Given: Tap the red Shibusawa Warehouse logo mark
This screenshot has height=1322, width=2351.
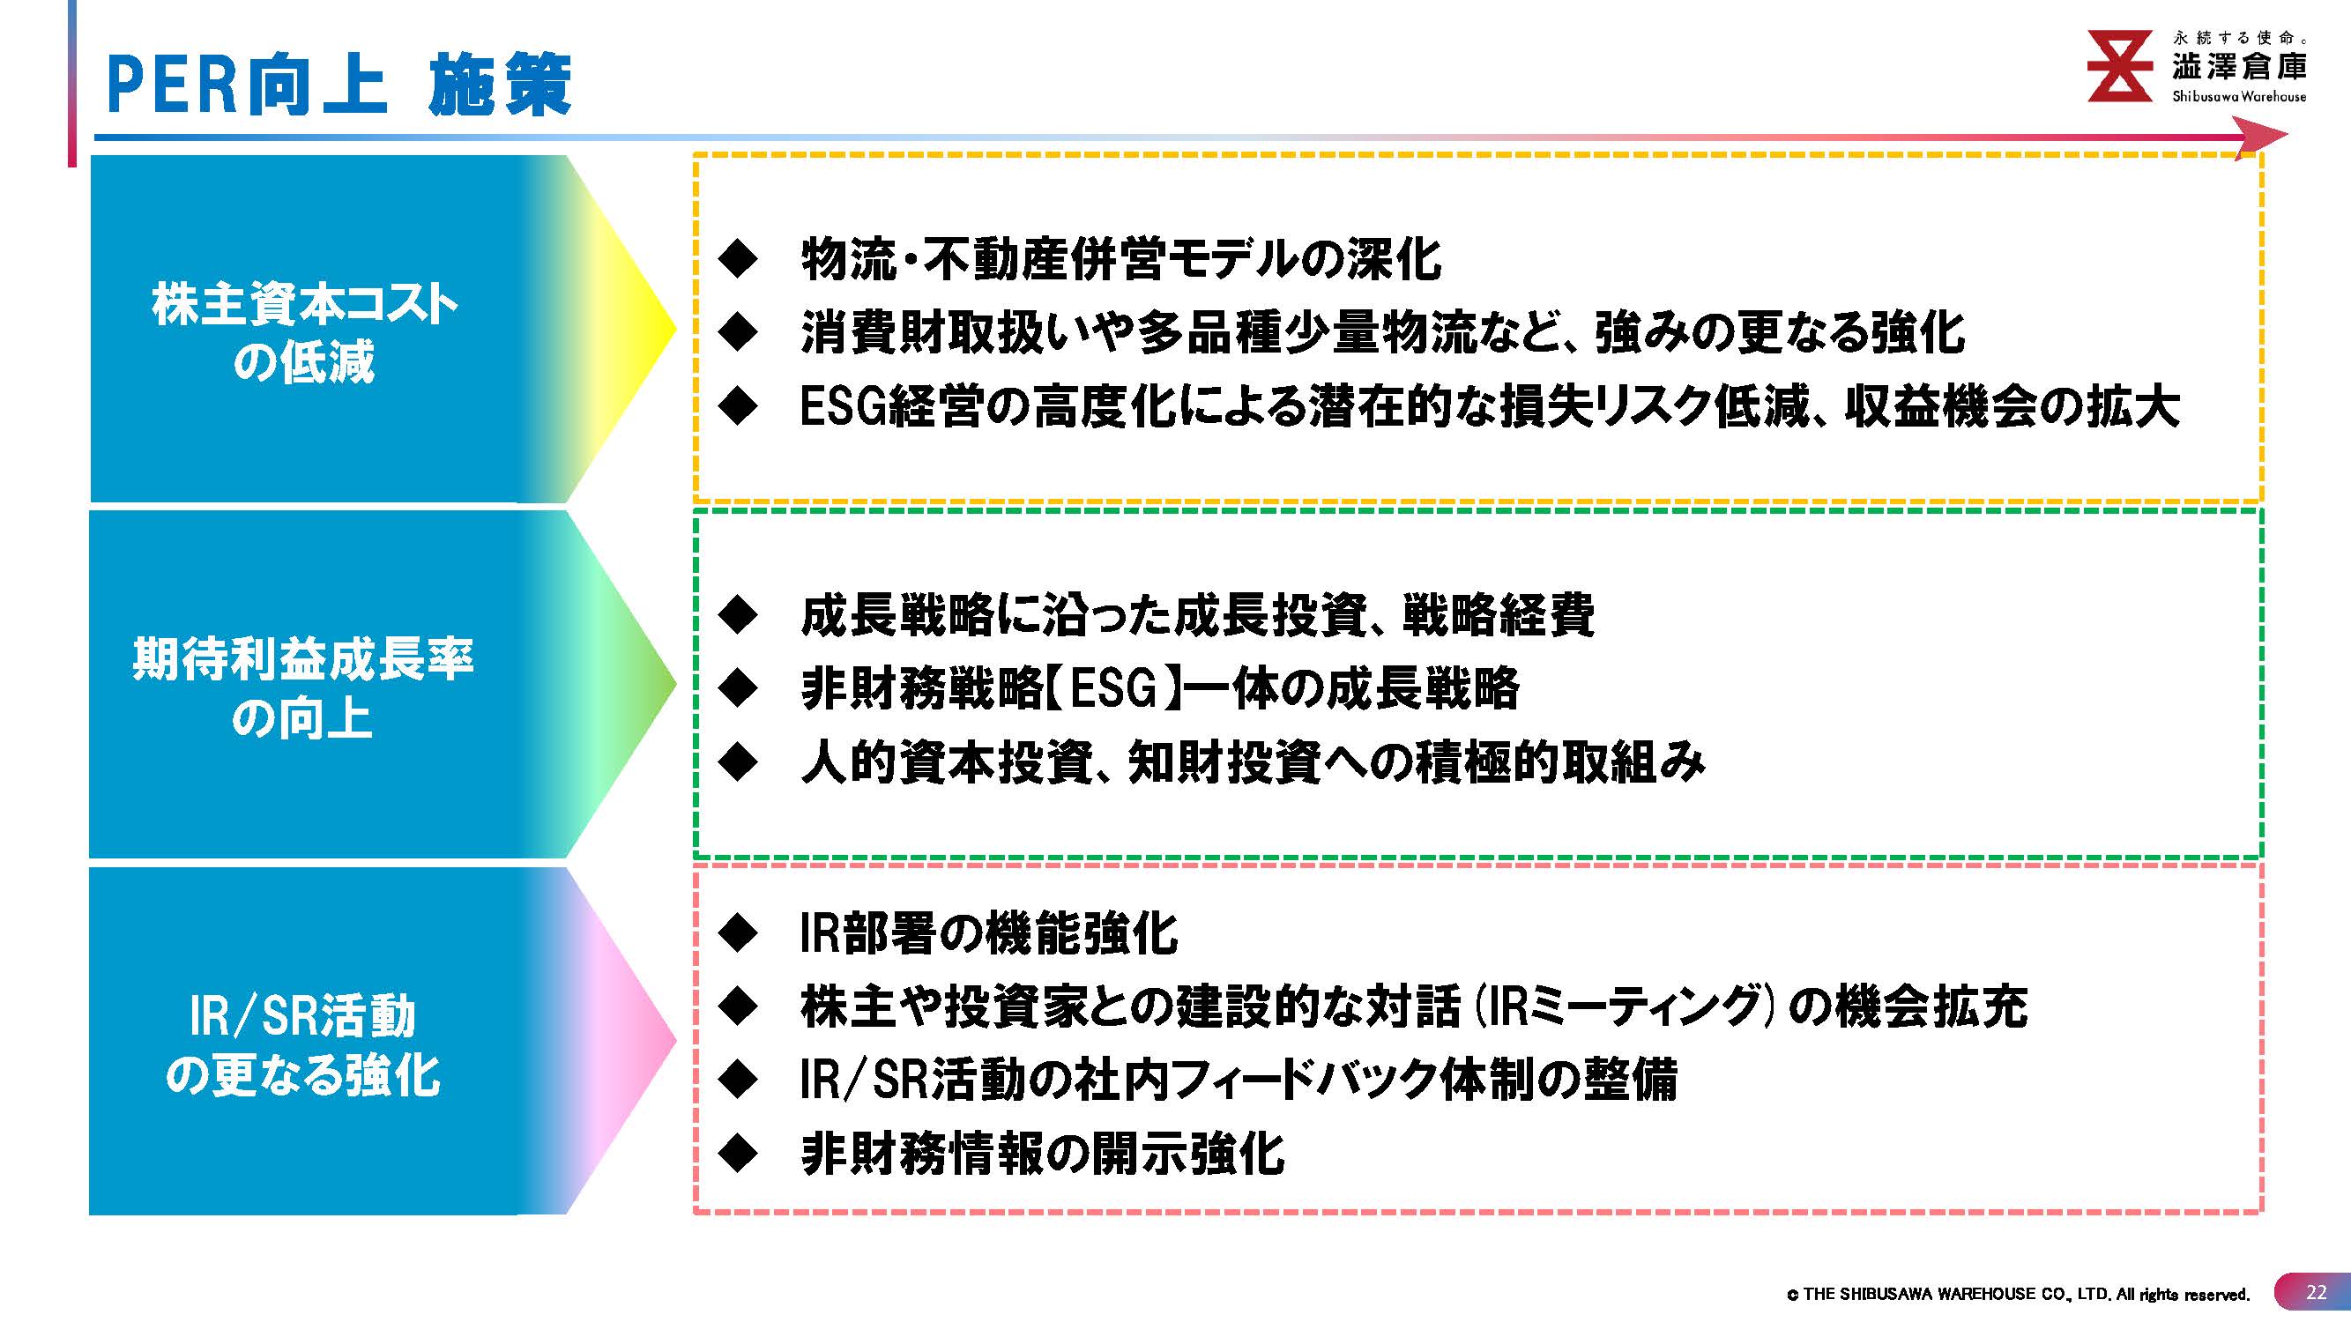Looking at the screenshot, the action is (x=2120, y=66).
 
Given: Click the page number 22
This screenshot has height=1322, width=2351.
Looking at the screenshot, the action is (x=2316, y=1292).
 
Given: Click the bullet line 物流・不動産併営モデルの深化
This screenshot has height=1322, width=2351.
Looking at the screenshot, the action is (x=1120, y=259).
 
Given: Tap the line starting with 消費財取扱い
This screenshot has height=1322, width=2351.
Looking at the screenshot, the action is (x=1383, y=332).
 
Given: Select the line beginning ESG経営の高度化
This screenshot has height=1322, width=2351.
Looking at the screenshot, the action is (x=1491, y=406).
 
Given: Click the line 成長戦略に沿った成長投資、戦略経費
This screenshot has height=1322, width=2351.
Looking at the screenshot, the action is (x=1197, y=615).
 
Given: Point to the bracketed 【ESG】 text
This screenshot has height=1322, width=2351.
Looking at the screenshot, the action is (x=1115, y=689).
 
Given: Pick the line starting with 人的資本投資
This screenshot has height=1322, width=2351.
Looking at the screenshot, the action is (x=1252, y=761).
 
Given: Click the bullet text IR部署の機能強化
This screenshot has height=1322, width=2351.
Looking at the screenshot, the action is (x=988, y=933).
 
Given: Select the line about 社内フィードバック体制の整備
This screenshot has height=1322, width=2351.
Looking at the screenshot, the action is (x=1239, y=1081).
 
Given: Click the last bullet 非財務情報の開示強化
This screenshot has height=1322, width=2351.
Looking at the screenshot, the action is (x=1042, y=1155).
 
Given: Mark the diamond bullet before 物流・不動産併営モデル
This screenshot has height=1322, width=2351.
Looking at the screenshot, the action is (x=738, y=259).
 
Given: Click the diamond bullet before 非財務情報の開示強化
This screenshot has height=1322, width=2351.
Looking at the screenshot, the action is (x=738, y=1155).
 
